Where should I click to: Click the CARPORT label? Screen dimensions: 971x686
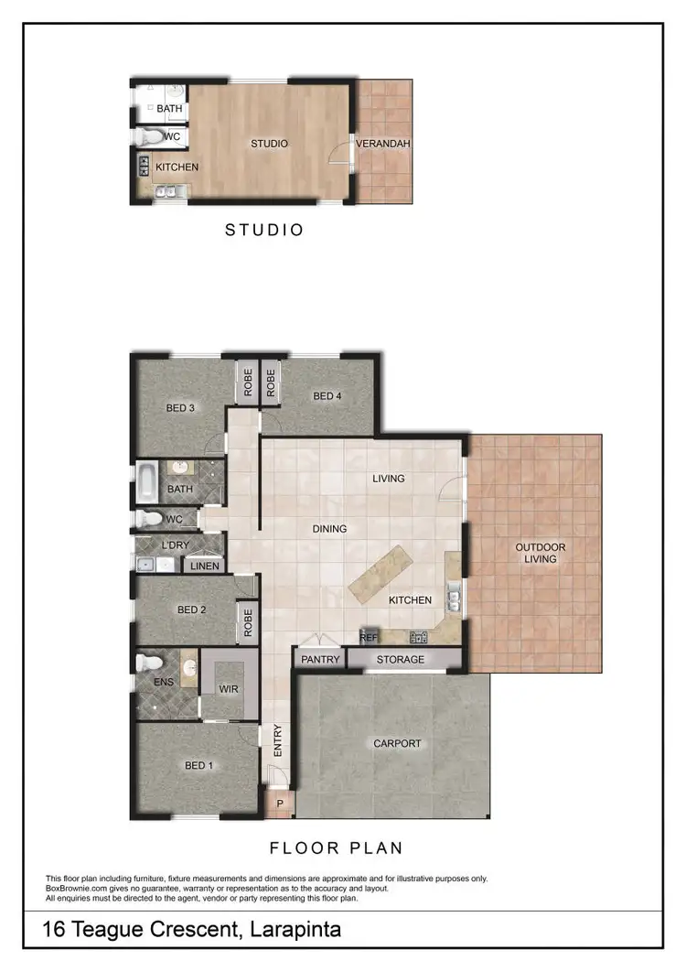click(x=397, y=743)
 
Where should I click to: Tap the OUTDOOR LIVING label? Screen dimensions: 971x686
click(x=541, y=554)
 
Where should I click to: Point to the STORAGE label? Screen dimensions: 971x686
click(x=401, y=659)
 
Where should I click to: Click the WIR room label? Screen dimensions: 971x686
click(x=227, y=689)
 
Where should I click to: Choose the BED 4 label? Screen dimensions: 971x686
click(x=327, y=396)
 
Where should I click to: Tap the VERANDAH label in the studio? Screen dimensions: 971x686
click(x=382, y=144)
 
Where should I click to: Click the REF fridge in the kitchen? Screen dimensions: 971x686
click(x=369, y=637)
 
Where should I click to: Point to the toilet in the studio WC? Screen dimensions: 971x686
click(x=149, y=137)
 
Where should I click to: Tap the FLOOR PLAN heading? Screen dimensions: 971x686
click(x=337, y=847)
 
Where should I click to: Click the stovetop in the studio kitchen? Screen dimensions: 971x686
click(x=145, y=167)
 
